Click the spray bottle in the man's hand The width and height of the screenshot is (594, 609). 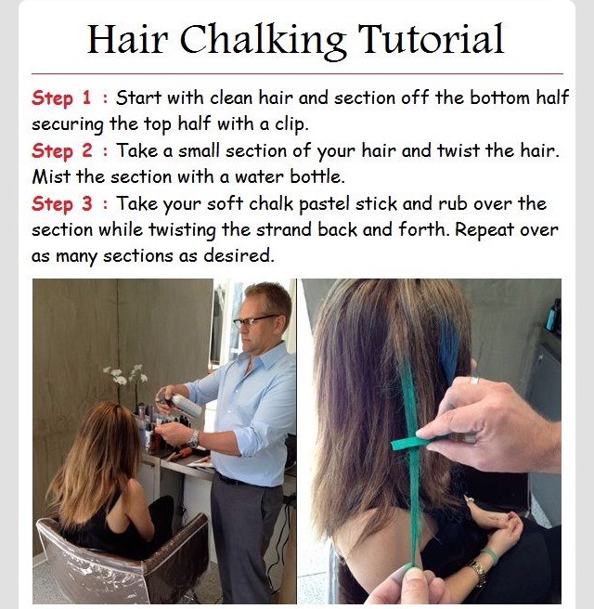(181, 401)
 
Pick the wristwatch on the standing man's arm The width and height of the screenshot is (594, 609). (193, 437)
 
